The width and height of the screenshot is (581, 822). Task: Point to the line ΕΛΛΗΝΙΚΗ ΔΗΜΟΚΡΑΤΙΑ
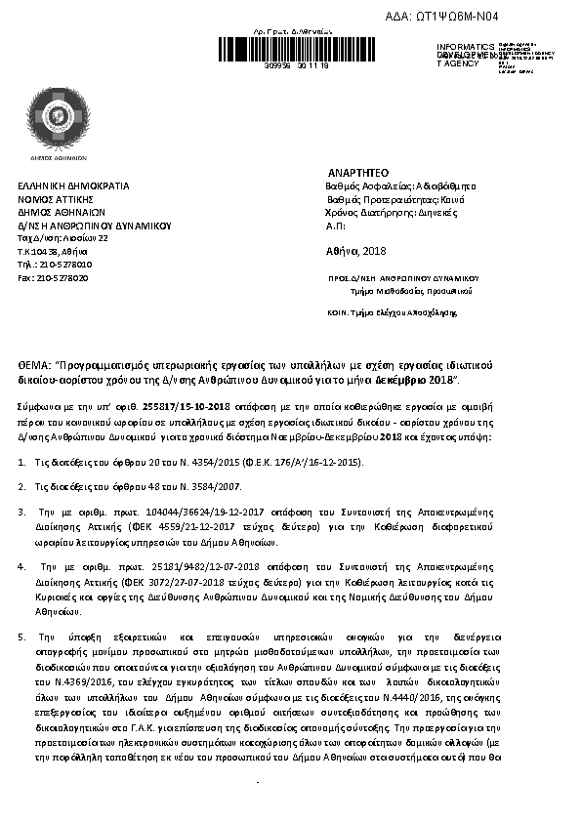click(x=73, y=185)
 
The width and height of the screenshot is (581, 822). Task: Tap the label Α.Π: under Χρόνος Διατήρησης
click(x=334, y=226)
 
